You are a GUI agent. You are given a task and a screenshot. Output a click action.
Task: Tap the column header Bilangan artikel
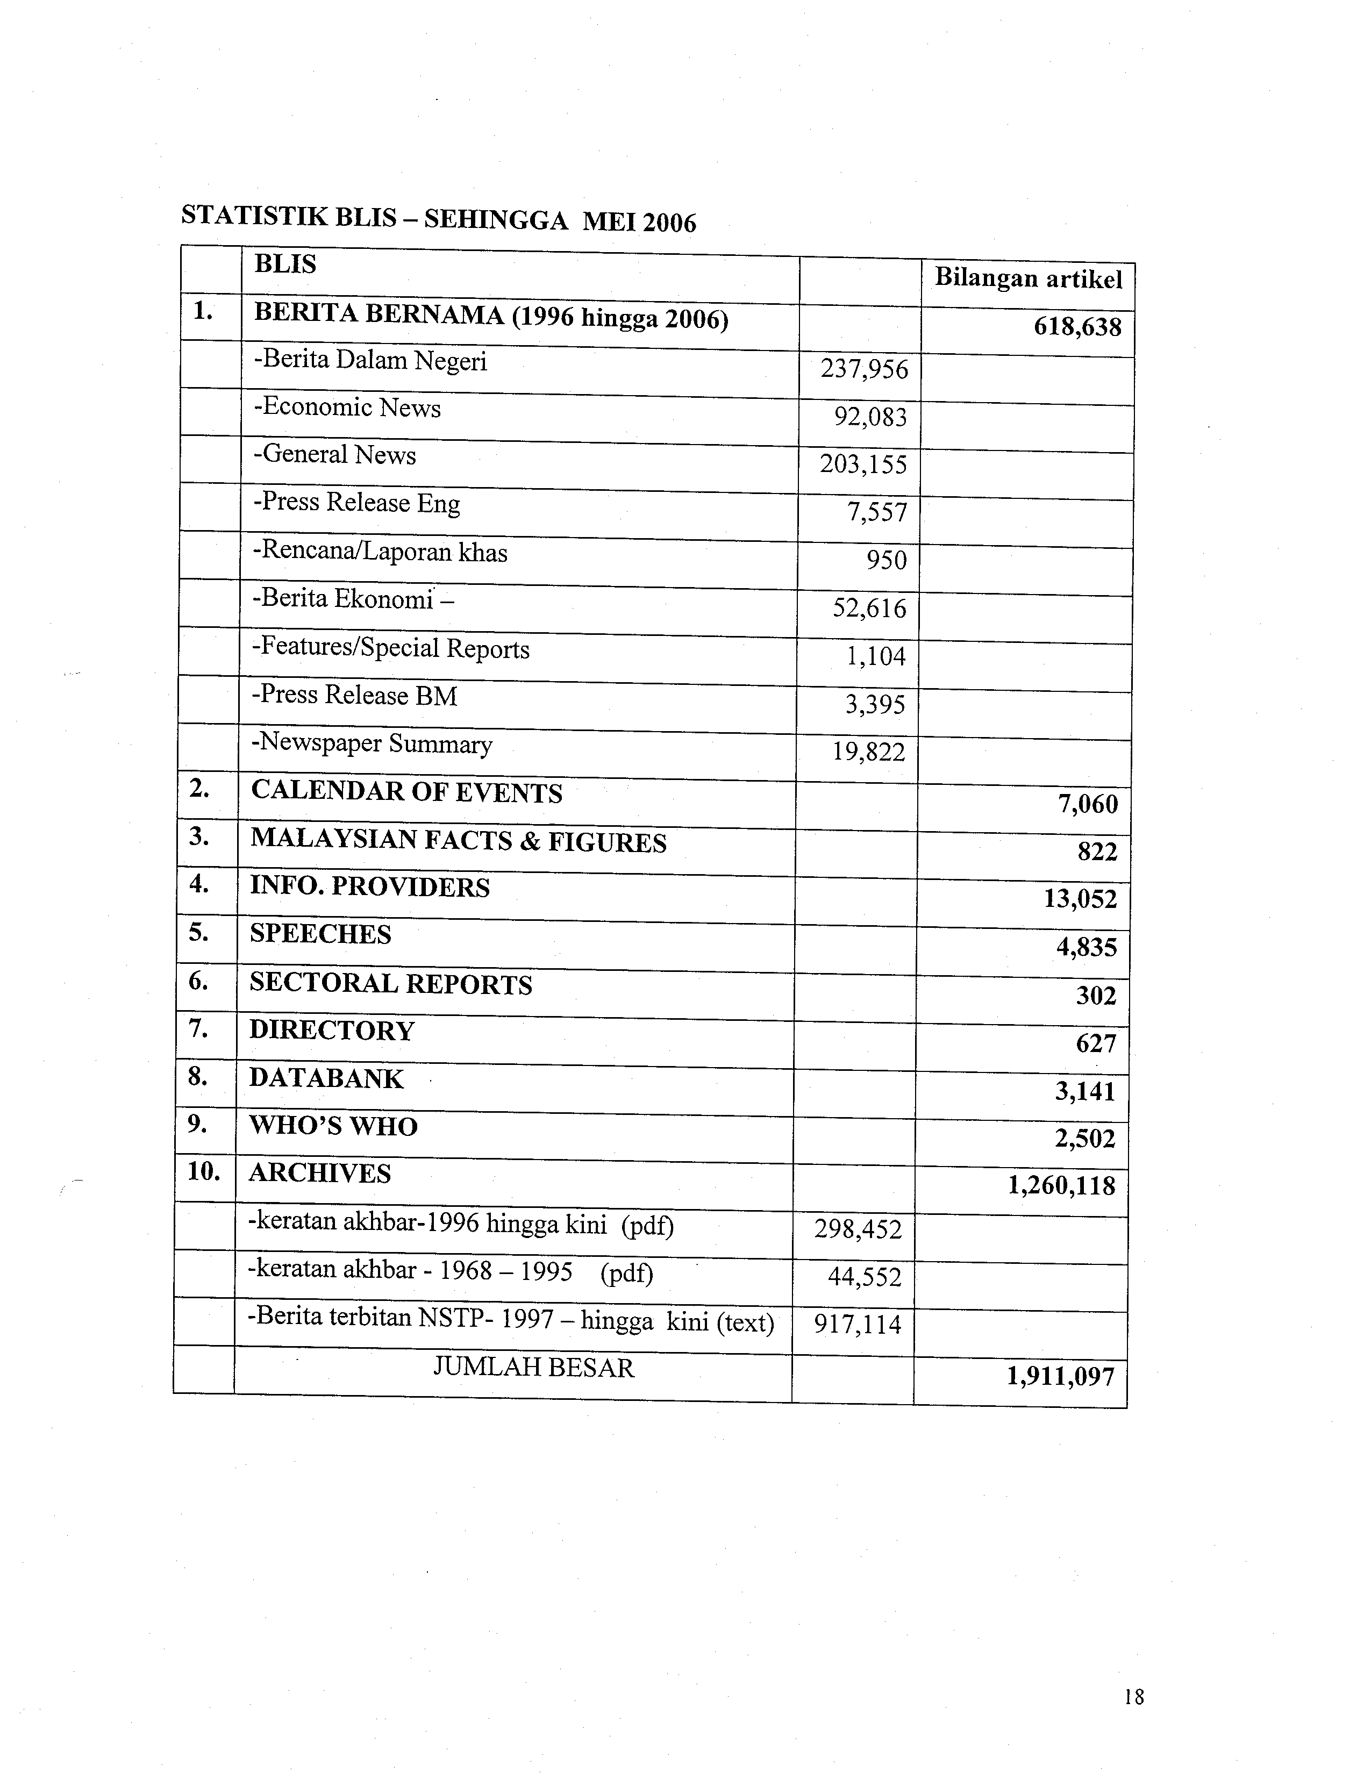click(1028, 278)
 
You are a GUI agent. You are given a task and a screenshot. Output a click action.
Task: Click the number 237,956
click(864, 370)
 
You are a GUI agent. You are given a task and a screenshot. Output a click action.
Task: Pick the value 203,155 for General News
click(863, 464)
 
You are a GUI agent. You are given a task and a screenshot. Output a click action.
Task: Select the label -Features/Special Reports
click(391, 648)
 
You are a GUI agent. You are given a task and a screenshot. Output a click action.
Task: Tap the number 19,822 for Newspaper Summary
click(868, 752)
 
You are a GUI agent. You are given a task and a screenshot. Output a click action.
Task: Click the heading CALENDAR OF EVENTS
click(406, 793)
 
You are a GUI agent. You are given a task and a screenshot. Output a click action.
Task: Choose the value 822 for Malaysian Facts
click(1097, 852)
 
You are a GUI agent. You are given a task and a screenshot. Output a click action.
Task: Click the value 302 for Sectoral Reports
click(1096, 996)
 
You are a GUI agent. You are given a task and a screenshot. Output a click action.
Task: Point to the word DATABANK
click(326, 1079)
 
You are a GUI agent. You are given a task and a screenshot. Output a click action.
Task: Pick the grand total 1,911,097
click(1061, 1377)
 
